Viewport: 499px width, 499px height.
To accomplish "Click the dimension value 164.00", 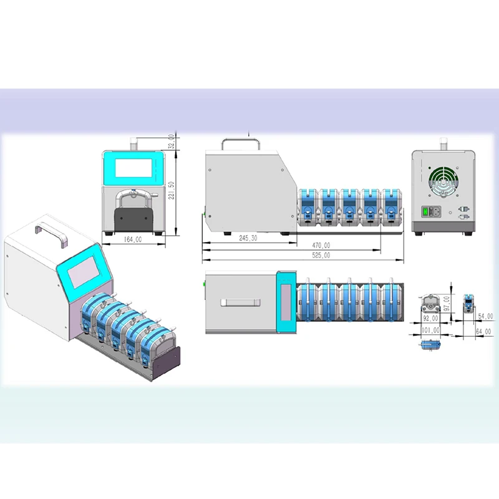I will pos(132,240).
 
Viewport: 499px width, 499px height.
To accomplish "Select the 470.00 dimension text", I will pos(321,246).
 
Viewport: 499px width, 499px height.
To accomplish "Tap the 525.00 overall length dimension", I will pos(321,255).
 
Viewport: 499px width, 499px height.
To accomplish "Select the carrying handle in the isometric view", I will pos(59,231).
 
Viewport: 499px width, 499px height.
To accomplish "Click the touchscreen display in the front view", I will pos(135,167).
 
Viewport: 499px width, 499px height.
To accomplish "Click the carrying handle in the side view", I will pos(240,142).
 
